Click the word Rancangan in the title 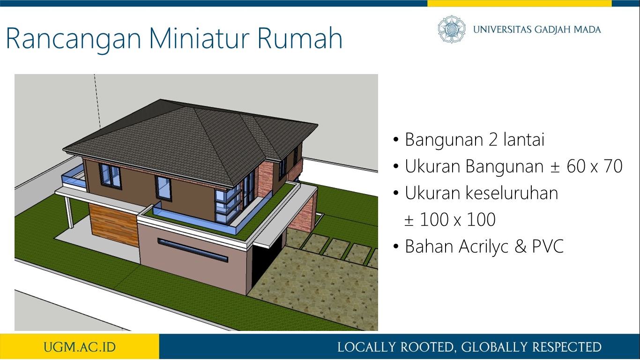click(74, 39)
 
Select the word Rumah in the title click(300, 38)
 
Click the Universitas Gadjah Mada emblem click(452, 29)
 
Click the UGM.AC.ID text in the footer click(80, 347)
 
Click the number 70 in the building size click(613, 166)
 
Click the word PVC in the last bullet click(548, 246)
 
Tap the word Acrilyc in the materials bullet click(484, 247)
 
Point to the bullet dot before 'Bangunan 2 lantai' click(396, 140)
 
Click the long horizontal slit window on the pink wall click(193, 250)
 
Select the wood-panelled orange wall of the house click(114, 225)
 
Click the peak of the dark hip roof click(161, 100)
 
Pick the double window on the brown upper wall click(110, 175)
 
